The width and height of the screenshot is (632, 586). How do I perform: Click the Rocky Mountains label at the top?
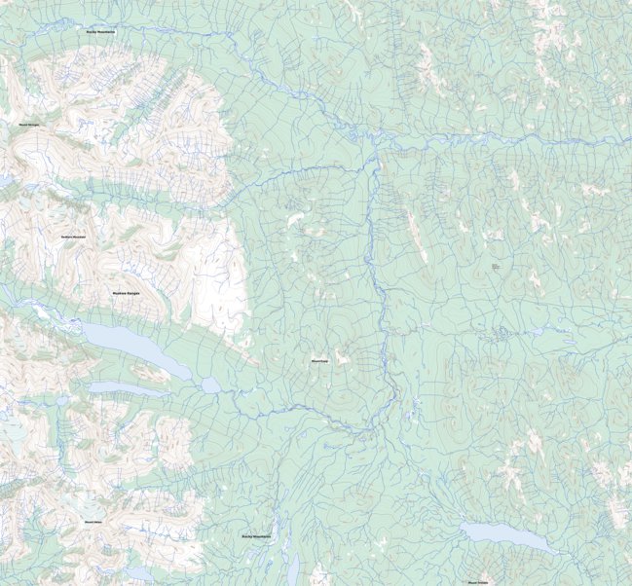point(100,32)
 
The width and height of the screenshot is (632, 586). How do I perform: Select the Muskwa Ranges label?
point(128,292)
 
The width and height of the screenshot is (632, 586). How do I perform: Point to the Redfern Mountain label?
point(73,237)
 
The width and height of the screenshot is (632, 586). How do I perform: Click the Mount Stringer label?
point(29,125)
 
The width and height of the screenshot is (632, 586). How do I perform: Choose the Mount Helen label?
point(94,523)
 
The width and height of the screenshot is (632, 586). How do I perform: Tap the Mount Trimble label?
point(477,582)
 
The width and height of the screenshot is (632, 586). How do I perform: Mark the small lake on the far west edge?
point(5,181)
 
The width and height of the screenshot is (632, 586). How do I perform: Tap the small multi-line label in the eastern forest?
point(495,266)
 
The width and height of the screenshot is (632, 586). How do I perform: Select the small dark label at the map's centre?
point(318,360)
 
